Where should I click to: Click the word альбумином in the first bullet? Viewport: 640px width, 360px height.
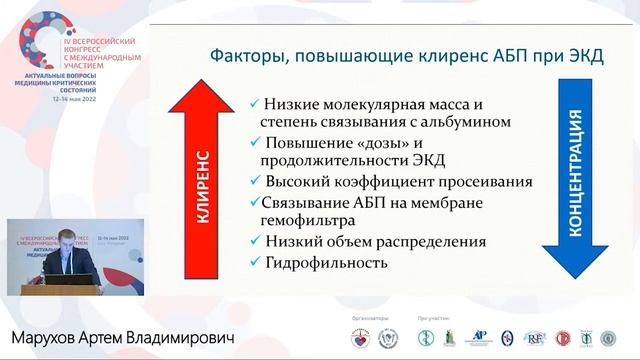441,121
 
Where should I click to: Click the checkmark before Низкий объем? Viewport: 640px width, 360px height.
257,242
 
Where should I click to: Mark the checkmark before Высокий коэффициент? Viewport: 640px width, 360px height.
257,182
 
